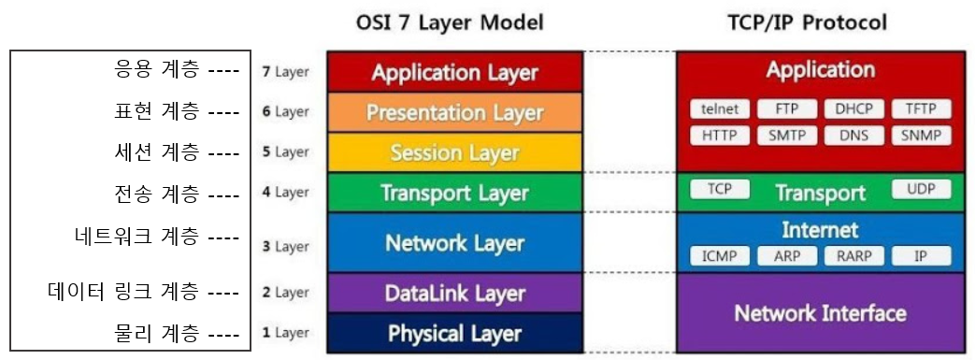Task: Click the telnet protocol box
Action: (x=720, y=108)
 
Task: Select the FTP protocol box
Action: (x=786, y=108)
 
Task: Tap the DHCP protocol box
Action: (x=853, y=108)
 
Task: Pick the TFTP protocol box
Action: (x=921, y=108)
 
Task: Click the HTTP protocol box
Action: (x=720, y=136)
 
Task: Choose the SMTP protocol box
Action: (x=786, y=136)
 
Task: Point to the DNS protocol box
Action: (x=853, y=136)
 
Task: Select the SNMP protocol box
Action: (x=921, y=136)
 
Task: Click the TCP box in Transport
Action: (x=720, y=190)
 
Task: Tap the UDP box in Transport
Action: (x=921, y=190)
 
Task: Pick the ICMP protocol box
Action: (x=720, y=255)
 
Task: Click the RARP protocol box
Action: (x=853, y=255)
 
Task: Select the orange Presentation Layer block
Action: (x=454, y=112)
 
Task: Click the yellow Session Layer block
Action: (x=454, y=152)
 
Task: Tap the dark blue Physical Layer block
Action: (x=454, y=334)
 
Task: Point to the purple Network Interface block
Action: (x=820, y=312)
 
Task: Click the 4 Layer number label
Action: (x=285, y=193)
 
